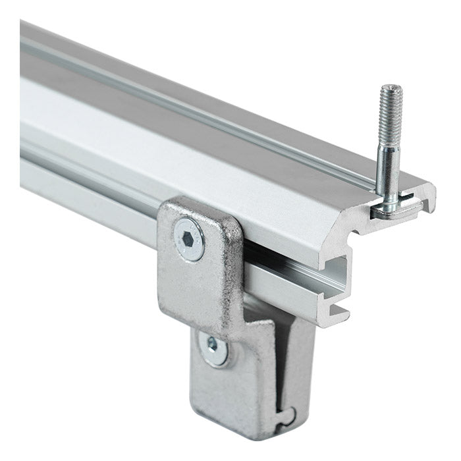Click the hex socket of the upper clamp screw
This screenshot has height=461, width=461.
(189, 240)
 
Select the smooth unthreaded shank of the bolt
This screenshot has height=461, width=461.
(387, 171)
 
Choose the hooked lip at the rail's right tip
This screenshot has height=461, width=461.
(429, 198)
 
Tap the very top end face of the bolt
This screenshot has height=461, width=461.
(391, 88)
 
